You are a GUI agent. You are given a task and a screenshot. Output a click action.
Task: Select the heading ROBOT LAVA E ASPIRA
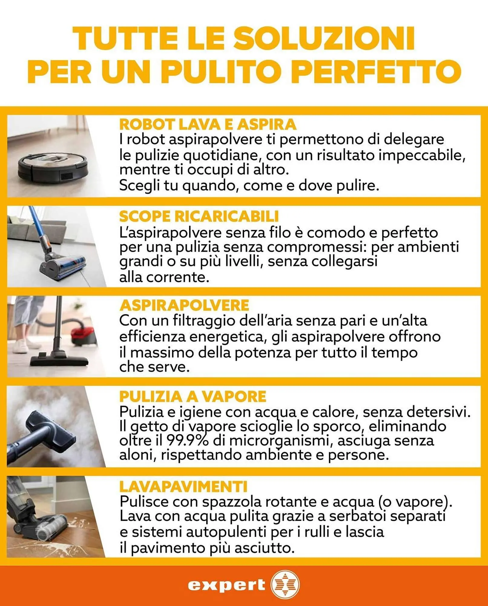point(208,124)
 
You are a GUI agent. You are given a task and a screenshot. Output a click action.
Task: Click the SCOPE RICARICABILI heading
point(199,216)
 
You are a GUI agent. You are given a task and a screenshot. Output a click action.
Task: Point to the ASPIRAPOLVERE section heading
point(184,305)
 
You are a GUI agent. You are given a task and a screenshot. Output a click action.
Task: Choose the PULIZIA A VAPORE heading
point(193,396)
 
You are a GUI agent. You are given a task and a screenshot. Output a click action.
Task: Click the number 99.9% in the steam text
point(187,441)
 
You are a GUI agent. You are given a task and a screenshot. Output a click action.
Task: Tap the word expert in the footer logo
point(226,585)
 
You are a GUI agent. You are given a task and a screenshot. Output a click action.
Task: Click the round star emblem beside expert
point(285,585)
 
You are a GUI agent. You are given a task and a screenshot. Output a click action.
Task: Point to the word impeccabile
point(420,155)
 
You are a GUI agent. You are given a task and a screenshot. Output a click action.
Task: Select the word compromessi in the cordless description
point(317,247)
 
